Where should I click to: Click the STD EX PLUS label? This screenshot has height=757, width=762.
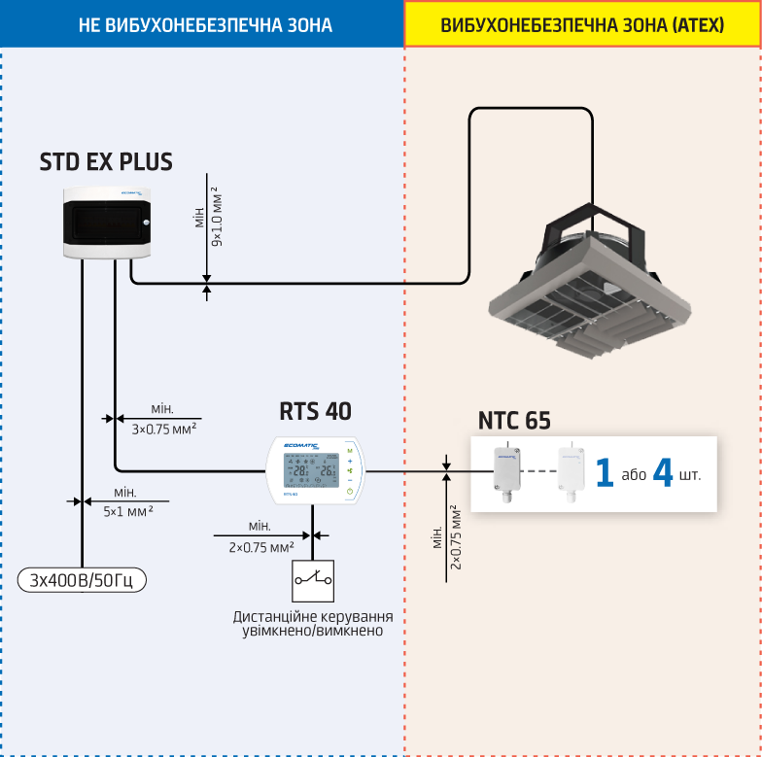pyautogui.click(x=106, y=161)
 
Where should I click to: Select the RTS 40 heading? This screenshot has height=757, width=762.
pyautogui.click(x=315, y=412)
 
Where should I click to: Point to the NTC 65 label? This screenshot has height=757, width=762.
pyautogui.click(x=514, y=421)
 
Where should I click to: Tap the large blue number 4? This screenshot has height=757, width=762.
pyautogui.click(x=663, y=473)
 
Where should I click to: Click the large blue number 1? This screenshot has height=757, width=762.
pyautogui.click(x=605, y=474)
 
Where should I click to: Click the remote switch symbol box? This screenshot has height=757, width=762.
pyautogui.click(x=313, y=580)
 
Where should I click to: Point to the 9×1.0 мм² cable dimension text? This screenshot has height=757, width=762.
pyautogui.click(x=217, y=215)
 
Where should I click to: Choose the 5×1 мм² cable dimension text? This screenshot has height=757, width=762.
pyautogui.click(x=127, y=510)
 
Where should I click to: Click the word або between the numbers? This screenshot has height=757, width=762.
pyautogui.click(x=634, y=475)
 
